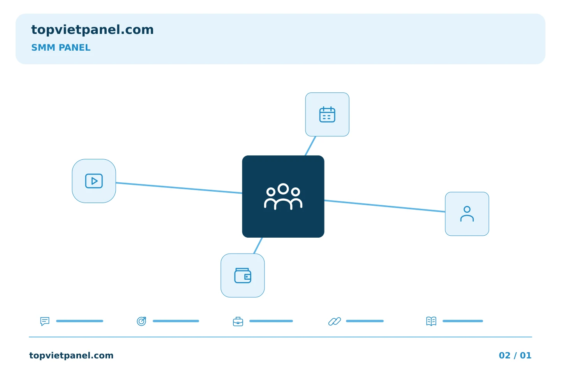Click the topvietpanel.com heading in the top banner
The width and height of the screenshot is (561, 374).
pos(92,30)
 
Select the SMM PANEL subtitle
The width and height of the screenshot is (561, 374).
pos(61,48)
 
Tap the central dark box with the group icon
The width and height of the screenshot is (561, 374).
pos(283,196)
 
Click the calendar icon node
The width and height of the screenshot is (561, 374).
pos(327,115)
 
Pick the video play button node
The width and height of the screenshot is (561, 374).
pos(94,181)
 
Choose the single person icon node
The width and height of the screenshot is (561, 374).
pos(467,214)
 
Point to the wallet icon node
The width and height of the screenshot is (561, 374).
pos(242,275)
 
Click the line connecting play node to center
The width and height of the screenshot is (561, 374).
pos(179,188)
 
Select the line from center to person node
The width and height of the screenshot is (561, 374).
pos(385,206)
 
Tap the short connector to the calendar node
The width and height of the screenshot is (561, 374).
pos(310,146)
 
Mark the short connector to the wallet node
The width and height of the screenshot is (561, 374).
pos(258,245)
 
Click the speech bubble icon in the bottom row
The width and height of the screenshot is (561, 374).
pos(45,321)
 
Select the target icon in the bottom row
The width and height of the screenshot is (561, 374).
pos(141,321)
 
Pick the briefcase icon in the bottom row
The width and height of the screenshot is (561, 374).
pos(238,322)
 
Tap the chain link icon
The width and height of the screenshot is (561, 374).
pos(335,321)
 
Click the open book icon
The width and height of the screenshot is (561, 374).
pos(431,321)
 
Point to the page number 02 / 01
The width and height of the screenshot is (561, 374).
pos(515,355)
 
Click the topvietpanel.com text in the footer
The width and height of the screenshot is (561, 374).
pos(71,355)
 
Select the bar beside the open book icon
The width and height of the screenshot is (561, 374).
pos(462,321)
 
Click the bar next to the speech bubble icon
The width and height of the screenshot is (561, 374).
pos(79,321)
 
